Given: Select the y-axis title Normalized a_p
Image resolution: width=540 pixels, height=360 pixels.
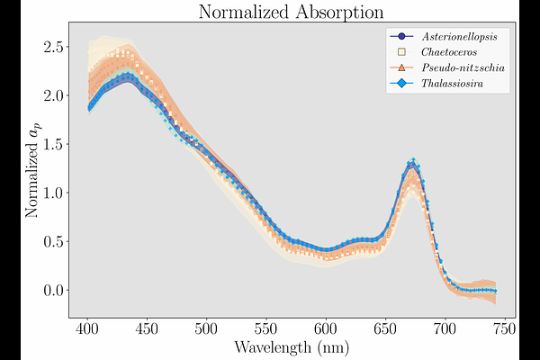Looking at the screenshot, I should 35,172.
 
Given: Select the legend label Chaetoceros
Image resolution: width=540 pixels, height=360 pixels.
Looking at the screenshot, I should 454,53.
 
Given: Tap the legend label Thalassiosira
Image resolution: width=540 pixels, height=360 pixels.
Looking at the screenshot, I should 457,85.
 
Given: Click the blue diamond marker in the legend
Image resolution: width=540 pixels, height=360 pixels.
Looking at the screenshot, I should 401,85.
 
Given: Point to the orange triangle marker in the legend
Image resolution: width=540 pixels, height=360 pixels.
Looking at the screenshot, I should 401,68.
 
